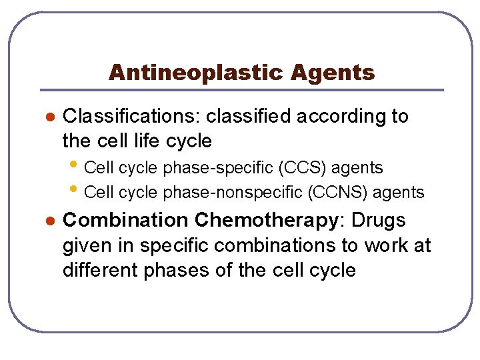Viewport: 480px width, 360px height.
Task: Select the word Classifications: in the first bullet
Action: [x=131, y=117]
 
